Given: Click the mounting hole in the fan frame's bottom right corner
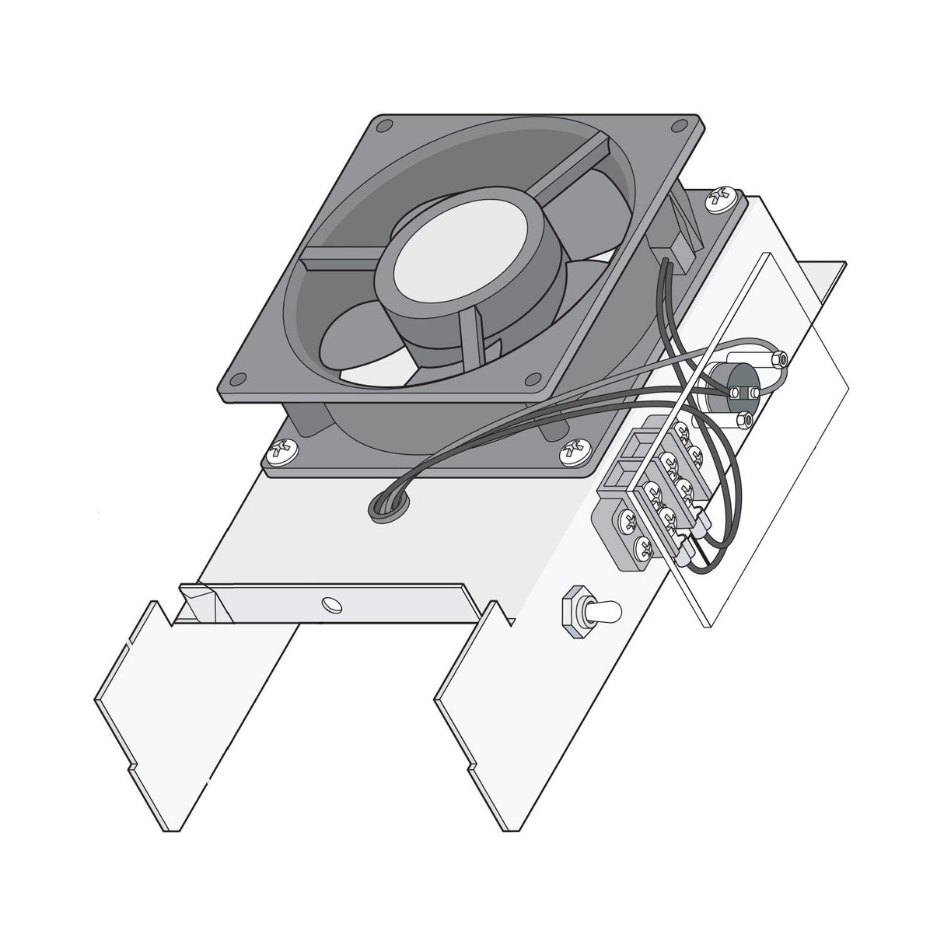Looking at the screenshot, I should coord(533,379).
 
